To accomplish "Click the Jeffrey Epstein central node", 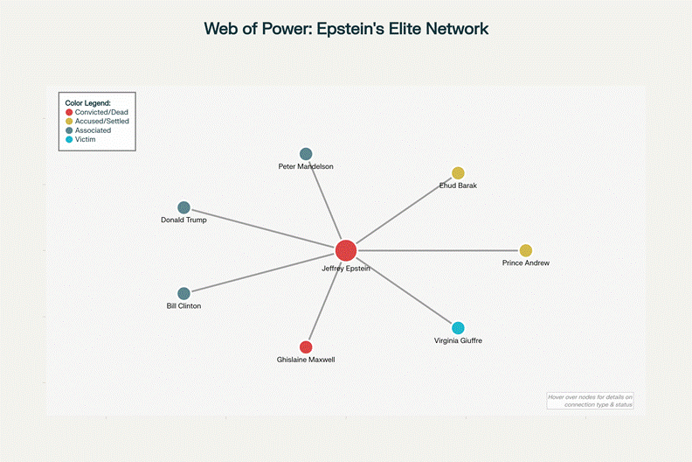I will click(x=346, y=250).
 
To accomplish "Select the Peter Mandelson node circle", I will click(x=306, y=154).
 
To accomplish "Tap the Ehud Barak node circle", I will click(x=458, y=173).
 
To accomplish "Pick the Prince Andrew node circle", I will click(x=526, y=250).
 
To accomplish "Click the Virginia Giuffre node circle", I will click(x=458, y=328).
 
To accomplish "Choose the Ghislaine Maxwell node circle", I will click(x=306, y=347).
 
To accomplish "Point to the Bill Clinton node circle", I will click(x=183, y=294).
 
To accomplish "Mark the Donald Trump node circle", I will click(x=183, y=207).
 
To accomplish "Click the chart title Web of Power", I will click(x=346, y=28).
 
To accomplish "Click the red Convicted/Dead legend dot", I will click(x=69, y=112).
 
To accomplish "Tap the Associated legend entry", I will click(x=93, y=130).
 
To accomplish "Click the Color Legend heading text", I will click(x=87, y=103).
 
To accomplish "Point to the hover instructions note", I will click(x=590, y=401).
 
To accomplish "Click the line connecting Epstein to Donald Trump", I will click(x=262, y=228).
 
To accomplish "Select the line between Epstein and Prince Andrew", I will click(x=437, y=250).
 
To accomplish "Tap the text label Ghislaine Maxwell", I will click(x=306, y=360).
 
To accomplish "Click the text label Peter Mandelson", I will click(x=306, y=166).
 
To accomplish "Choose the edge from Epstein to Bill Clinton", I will click(x=262, y=272).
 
